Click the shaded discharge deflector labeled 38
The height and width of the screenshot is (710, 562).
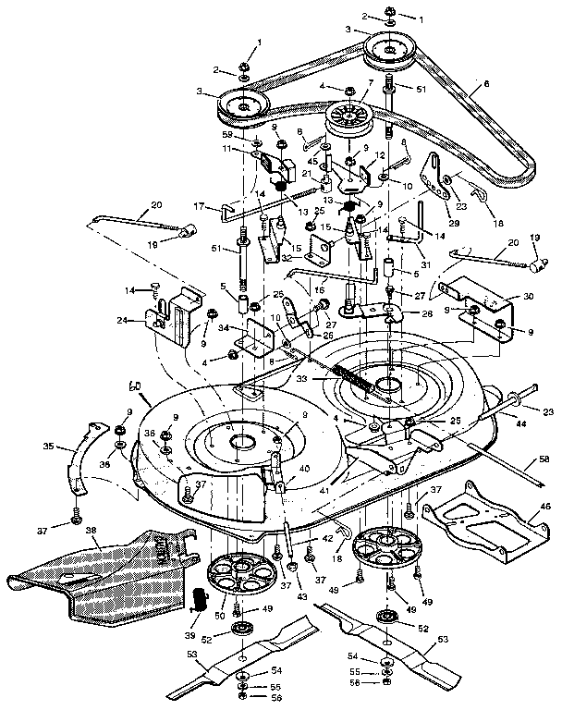coord(102,566)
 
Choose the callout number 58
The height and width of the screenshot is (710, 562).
coord(544,459)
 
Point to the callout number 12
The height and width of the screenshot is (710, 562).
coord(379,156)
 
